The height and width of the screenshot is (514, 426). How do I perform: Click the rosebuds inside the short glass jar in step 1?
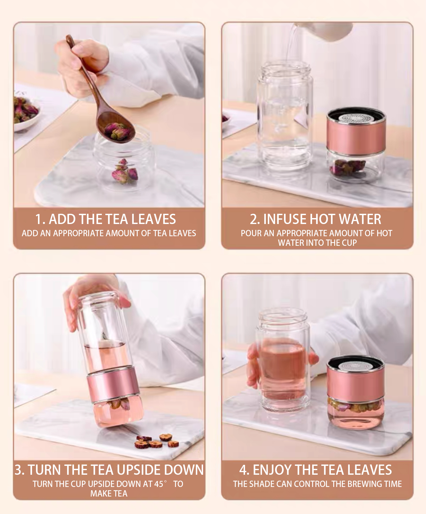point(124,172)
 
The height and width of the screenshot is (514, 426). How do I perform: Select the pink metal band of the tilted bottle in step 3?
point(113,385)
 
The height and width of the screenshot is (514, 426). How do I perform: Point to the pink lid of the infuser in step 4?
point(355,381)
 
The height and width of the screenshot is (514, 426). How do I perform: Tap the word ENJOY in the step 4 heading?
point(272,470)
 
